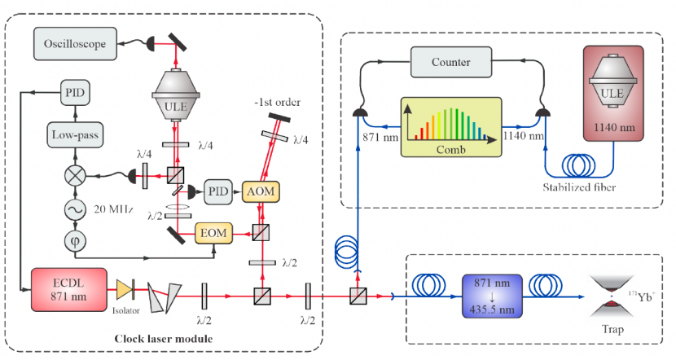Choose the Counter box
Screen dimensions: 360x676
click(451, 62)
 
